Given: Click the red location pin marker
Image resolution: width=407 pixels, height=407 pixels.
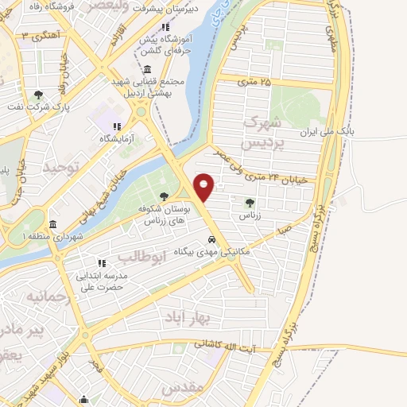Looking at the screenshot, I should click(204, 186).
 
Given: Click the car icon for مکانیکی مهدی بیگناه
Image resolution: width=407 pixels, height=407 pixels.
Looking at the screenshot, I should click(211, 238).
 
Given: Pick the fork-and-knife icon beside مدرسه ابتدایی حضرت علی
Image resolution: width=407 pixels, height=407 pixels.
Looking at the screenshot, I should click(102, 263).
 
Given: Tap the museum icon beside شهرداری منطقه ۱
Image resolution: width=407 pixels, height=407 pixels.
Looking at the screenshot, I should click(52, 224).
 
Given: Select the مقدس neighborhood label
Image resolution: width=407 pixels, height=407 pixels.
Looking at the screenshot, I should click(184, 389).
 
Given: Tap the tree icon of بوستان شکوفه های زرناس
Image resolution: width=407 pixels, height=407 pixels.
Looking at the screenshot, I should click(165, 196).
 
